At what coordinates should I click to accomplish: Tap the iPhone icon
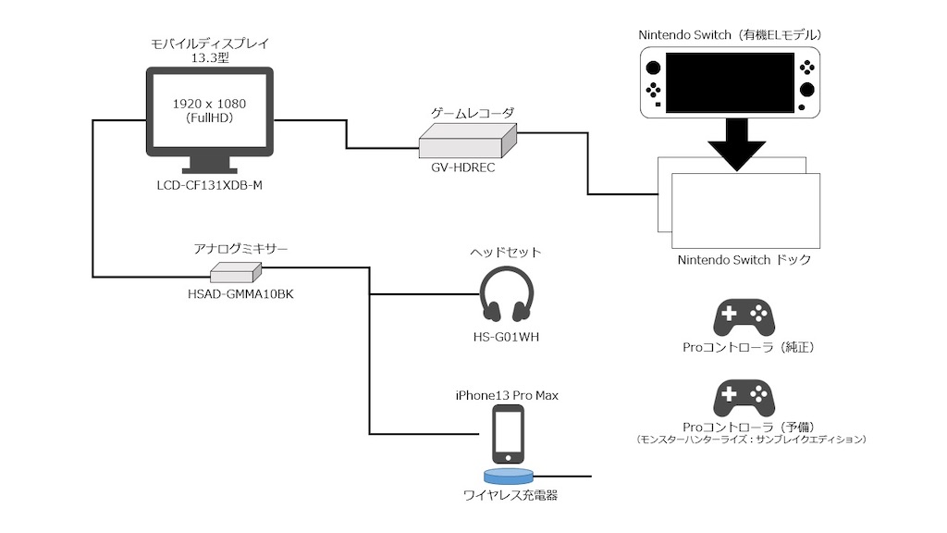508,435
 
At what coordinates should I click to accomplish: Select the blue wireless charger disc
508,476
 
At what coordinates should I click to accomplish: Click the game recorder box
467,141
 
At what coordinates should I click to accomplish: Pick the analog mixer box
236,273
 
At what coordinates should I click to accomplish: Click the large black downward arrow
737,143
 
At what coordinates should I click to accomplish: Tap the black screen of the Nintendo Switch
730,82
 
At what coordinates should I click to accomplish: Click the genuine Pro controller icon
744,317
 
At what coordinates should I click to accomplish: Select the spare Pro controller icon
744,398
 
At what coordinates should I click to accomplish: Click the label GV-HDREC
462,167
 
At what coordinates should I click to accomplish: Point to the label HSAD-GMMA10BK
240,294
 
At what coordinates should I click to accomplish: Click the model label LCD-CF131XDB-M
210,185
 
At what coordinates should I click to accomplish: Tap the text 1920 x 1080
209,104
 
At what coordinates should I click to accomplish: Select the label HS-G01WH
506,337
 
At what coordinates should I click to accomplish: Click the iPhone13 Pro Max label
507,395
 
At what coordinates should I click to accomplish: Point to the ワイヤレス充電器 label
510,496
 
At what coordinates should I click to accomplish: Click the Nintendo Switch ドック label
744,260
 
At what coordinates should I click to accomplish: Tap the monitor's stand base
210,171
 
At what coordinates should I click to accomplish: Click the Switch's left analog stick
654,68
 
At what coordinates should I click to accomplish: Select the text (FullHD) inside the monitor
209,118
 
